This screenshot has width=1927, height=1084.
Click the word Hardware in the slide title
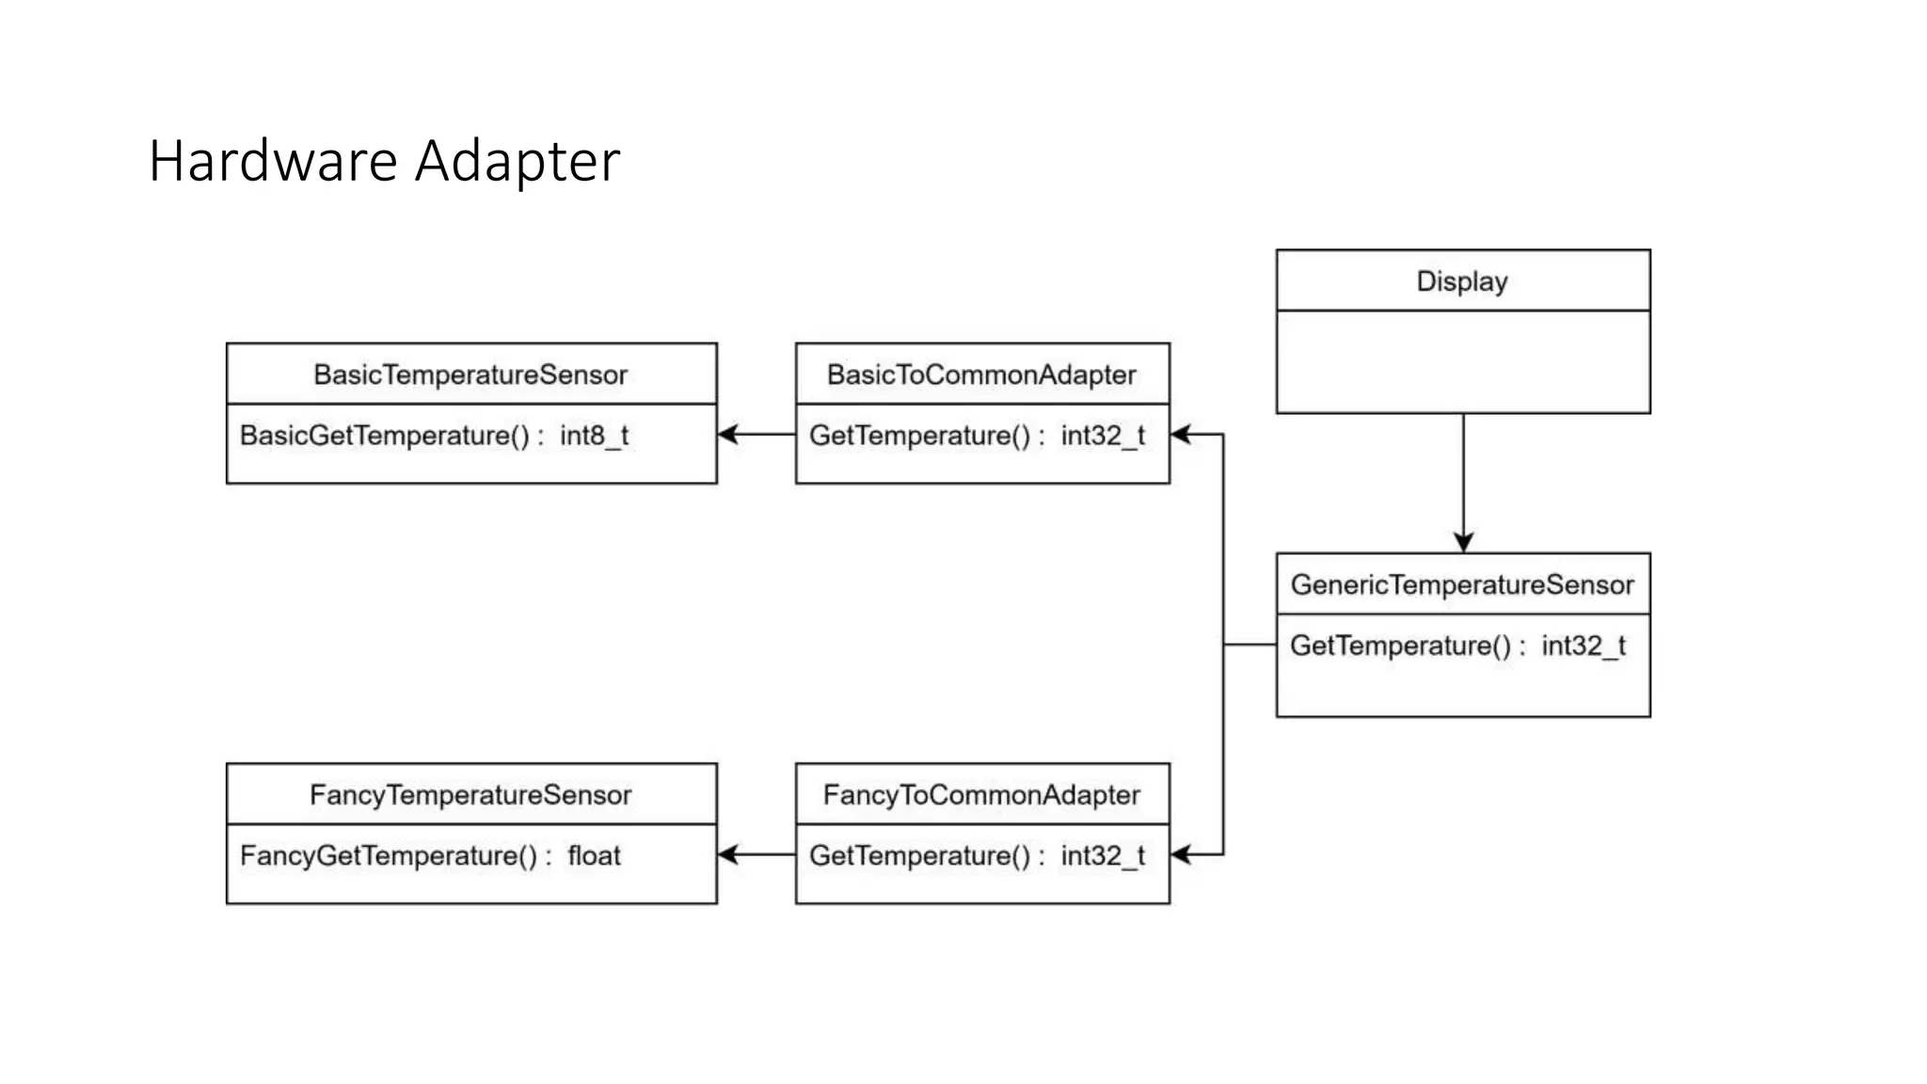coord(273,161)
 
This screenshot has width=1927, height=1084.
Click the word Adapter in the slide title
coord(518,161)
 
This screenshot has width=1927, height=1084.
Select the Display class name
coord(1462,281)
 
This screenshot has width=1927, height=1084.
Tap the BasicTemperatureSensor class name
coord(470,375)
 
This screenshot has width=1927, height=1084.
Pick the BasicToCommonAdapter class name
coord(981,375)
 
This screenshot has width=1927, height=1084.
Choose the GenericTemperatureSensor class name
coord(1462,584)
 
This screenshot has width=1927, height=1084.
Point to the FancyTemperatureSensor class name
coord(470,795)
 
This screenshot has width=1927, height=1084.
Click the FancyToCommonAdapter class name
coord(981,795)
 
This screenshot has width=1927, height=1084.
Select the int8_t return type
coord(594,436)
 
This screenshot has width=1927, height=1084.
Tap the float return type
coord(594,856)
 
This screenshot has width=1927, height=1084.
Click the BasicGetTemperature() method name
coord(385,436)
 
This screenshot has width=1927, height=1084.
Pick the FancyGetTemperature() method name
coord(389,856)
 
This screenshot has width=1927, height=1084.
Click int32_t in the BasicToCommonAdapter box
coord(1103,436)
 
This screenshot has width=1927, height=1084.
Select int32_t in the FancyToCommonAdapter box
coord(1103,856)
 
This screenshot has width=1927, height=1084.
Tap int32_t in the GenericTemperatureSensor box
coord(1584,646)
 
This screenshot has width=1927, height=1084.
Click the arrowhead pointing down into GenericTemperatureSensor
coord(1463,543)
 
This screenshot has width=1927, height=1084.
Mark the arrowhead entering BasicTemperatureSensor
coord(727,435)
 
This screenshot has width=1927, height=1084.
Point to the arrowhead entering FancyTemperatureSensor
coord(727,854)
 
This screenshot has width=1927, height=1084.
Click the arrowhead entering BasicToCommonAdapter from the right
coord(1181,435)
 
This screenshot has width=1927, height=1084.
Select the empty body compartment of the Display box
coord(1463,362)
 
